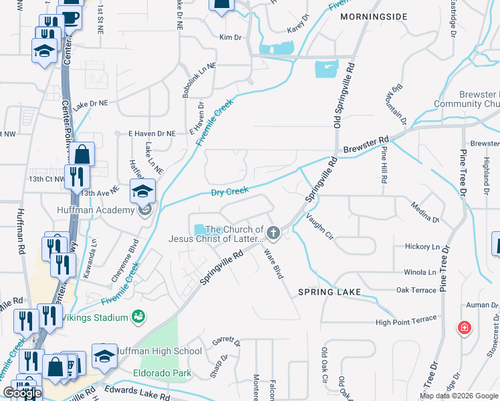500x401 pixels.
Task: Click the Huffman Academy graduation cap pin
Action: pyautogui.click(x=142, y=192)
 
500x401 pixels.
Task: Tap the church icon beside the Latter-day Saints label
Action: pyautogui.click(x=273, y=233)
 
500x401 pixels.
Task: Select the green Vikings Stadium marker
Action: pyautogui.click(x=139, y=315)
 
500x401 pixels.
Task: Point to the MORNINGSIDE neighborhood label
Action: pyautogui.click(x=368, y=15)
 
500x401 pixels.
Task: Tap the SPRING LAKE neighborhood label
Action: pyautogui.click(x=330, y=292)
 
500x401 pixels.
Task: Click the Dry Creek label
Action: pyautogui.click(x=230, y=192)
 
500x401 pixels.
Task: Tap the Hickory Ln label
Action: pyautogui.click(x=422, y=247)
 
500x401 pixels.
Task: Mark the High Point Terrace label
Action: pyautogui.click(x=406, y=322)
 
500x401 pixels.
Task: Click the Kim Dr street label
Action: pyautogui.click(x=230, y=37)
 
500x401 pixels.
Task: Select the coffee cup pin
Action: pyautogui.click(x=69, y=16)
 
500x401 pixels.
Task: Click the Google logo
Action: pyautogui.click(x=22, y=394)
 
